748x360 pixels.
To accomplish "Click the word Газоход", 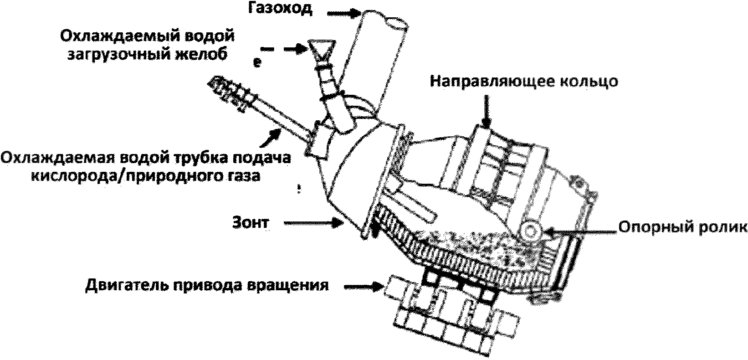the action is [280, 10].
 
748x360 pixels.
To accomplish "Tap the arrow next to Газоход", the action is [343, 14].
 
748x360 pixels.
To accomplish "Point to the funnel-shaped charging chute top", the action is [321, 50].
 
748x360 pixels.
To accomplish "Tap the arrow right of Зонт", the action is [313, 223].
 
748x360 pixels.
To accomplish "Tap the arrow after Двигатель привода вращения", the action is [364, 287].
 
